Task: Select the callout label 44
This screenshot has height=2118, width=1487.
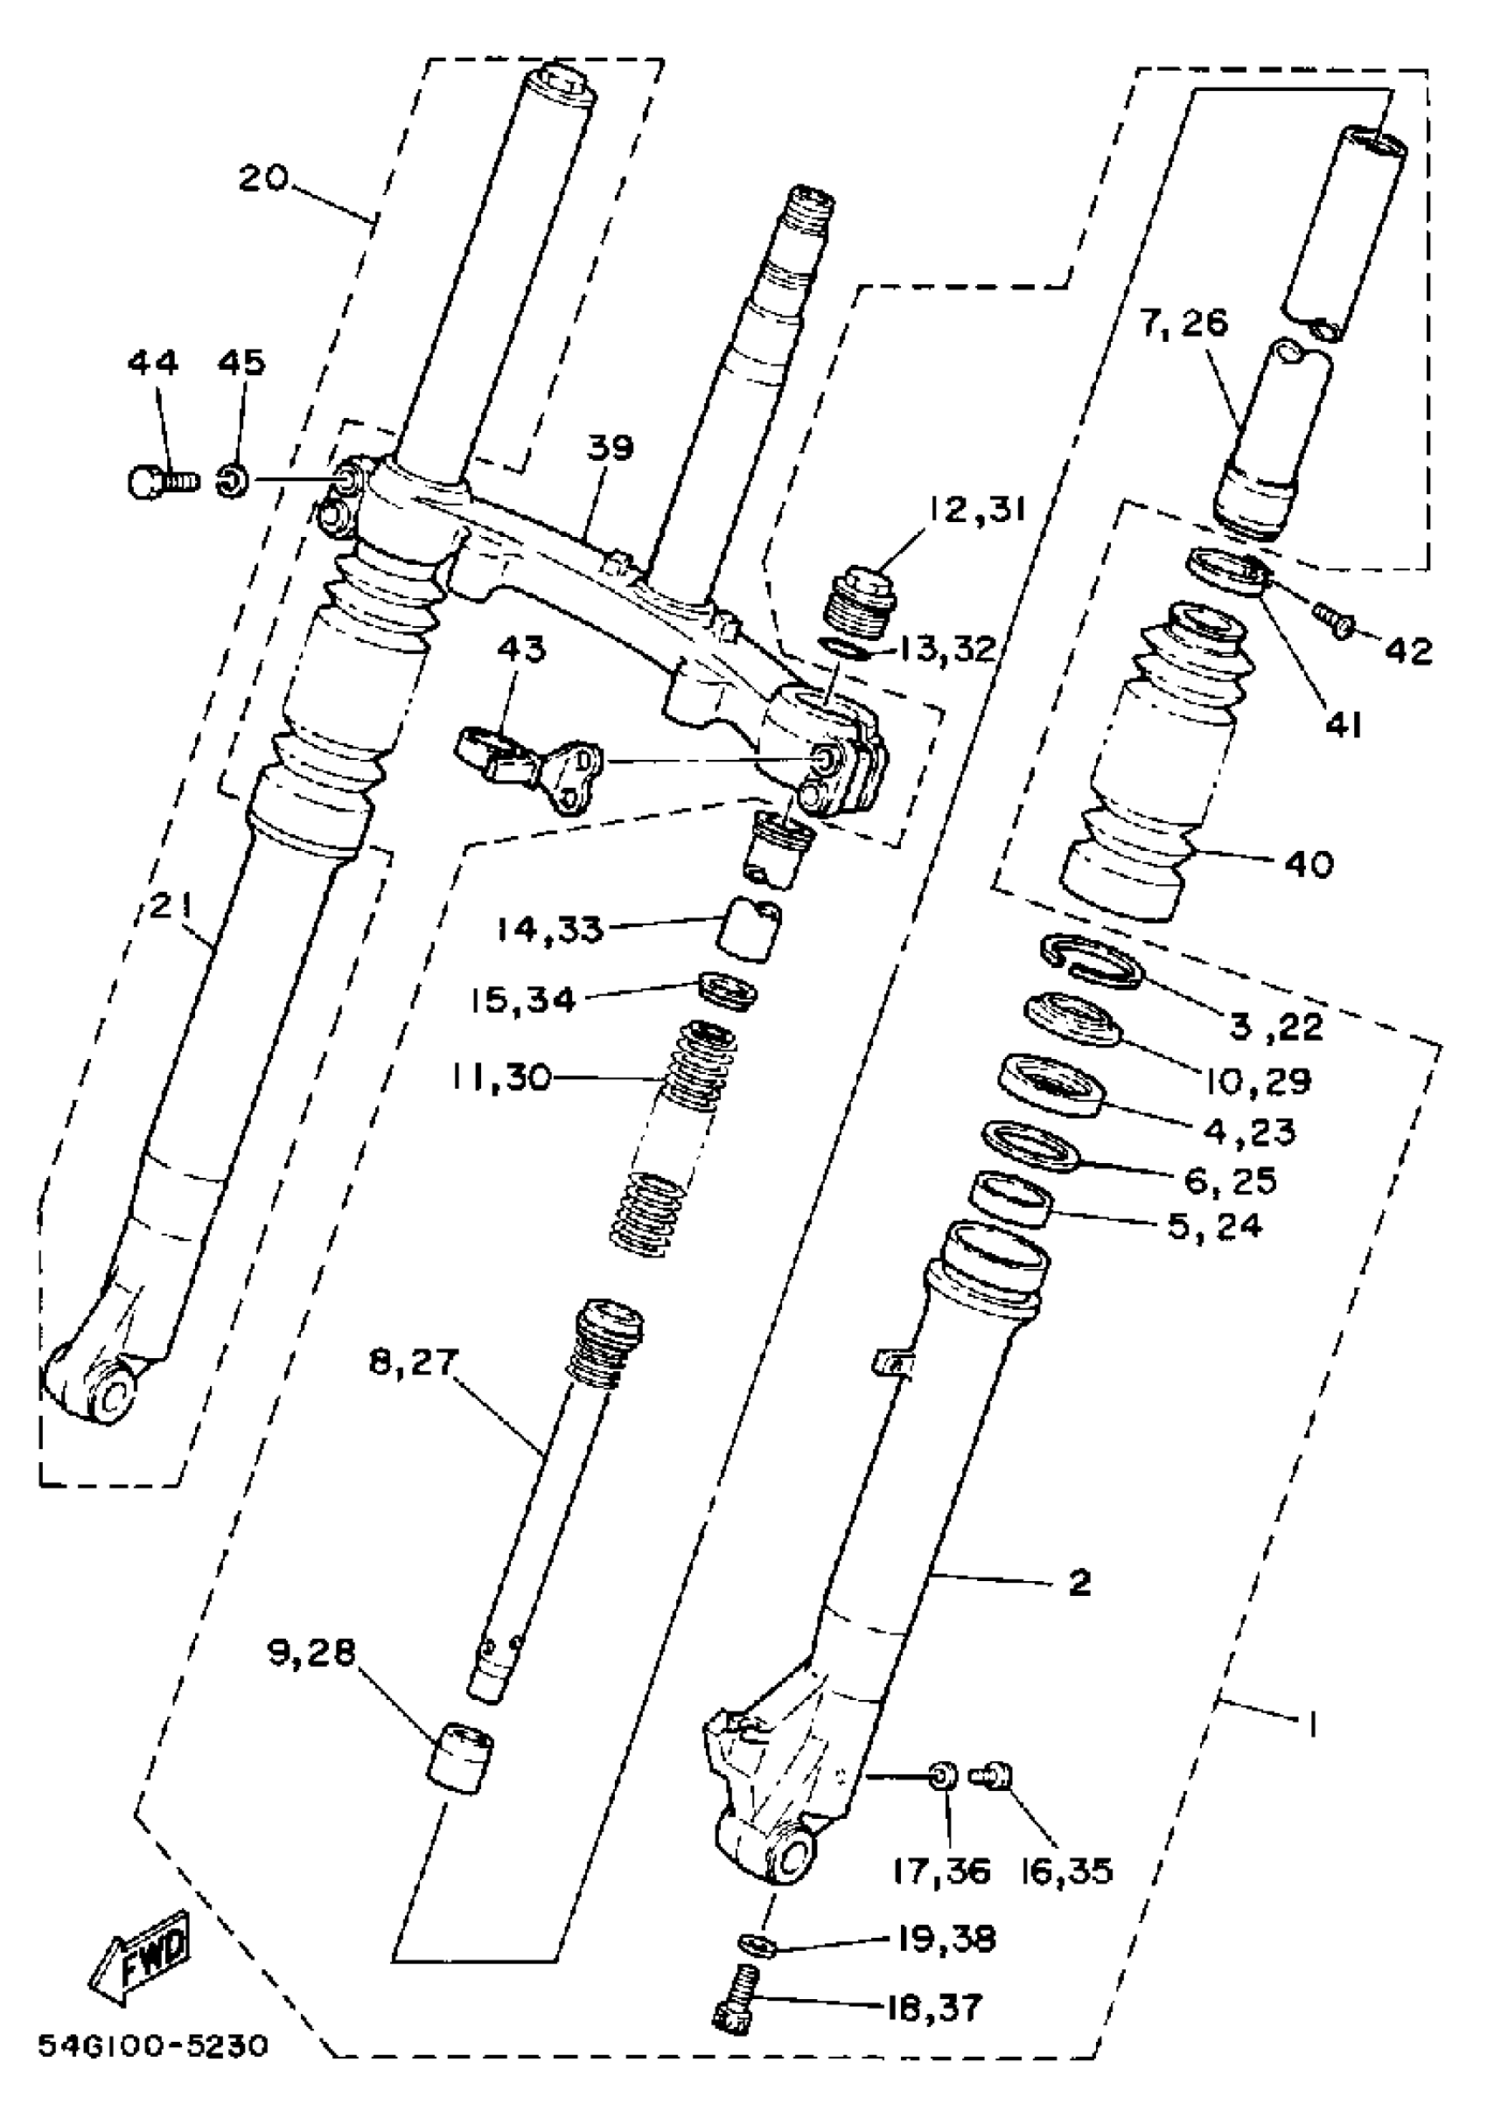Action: pos(152,363)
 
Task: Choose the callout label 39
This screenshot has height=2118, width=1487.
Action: pos(610,449)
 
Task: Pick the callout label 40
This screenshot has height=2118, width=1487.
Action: pos(1307,864)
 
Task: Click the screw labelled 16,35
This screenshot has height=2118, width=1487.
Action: pos(995,1774)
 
